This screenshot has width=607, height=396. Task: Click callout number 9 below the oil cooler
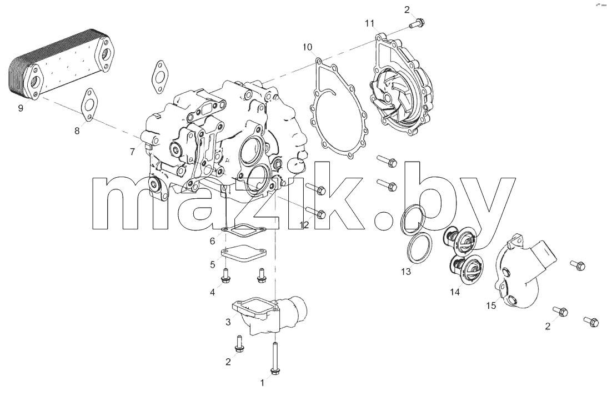click(21, 108)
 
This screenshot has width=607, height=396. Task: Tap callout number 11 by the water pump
click(369, 24)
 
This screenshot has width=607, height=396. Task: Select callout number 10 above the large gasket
click(307, 47)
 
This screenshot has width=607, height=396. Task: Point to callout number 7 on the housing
click(132, 152)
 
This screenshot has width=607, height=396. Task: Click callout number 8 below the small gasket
click(77, 131)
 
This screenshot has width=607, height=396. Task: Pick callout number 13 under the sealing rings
click(406, 272)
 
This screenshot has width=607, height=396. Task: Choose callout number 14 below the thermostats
click(455, 292)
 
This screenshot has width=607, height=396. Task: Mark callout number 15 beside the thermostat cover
click(491, 306)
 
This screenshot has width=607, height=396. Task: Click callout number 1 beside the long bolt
click(263, 383)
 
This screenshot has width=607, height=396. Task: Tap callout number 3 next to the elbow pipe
click(228, 322)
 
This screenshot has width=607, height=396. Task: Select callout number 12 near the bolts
click(304, 224)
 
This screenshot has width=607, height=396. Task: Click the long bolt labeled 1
click(275, 359)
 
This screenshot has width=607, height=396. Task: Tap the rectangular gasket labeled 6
click(243, 233)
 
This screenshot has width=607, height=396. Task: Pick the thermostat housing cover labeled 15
click(525, 271)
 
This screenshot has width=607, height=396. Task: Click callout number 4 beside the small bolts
click(212, 292)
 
